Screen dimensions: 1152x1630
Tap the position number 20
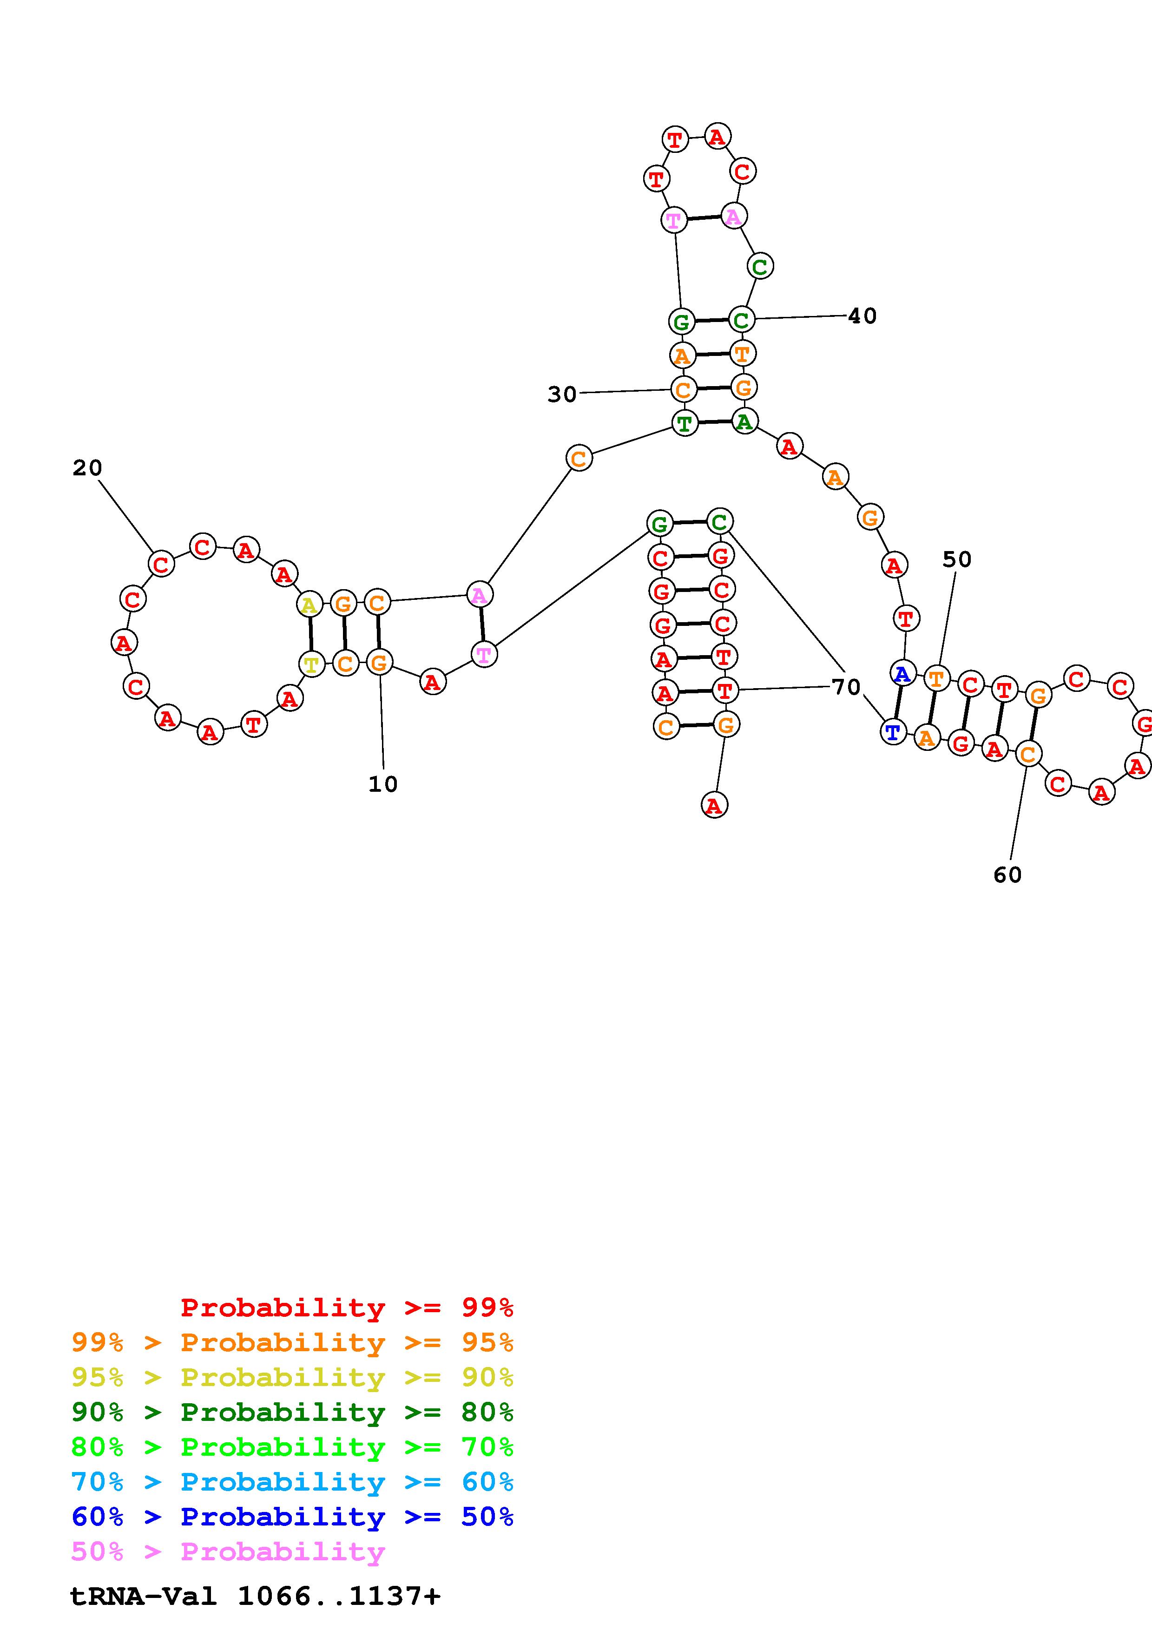point(87,468)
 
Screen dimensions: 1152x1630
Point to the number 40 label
point(862,316)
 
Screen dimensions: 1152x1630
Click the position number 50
point(957,559)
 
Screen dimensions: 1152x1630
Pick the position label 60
point(1007,874)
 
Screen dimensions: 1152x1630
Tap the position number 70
point(846,686)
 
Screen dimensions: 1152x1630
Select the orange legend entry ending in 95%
point(292,1342)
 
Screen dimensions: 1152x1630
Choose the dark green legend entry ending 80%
point(292,1412)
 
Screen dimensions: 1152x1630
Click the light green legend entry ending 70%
point(292,1447)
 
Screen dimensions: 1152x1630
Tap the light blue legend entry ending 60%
point(292,1482)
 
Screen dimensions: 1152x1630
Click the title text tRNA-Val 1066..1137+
point(256,1596)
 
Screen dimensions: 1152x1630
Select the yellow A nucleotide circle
point(309,605)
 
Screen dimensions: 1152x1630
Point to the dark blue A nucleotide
point(902,673)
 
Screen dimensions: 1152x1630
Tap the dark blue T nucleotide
point(893,731)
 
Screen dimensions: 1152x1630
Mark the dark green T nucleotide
point(684,424)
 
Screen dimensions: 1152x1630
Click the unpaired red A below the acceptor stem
point(714,805)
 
